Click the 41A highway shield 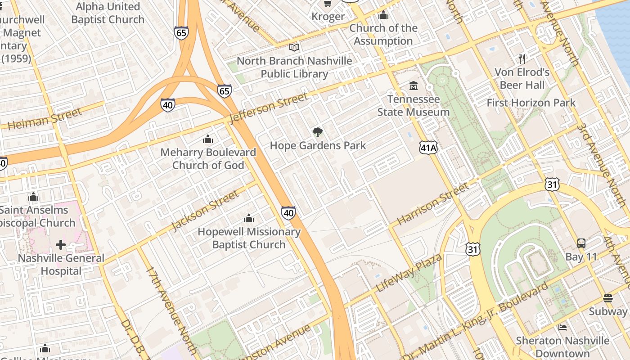click(x=428, y=148)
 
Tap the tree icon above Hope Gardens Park click(x=318, y=132)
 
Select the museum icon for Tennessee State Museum click(x=413, y=85)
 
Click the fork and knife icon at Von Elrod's click(x=522, y=58)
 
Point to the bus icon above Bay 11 click(x=581, y=243)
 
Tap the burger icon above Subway click(x=607, y=298)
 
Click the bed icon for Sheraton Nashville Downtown click(x=562, y=327)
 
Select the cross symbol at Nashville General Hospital click(x=61, y=245)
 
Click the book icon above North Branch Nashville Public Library click(x=294, y=47)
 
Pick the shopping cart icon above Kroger click(x=328, y=4)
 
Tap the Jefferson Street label click(x=269, y=108)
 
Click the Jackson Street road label click(x=205, y=210)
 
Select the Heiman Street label click(x=45, y=119)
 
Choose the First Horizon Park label click(x=531, y=103)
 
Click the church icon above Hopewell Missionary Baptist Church click(x=248, y=219)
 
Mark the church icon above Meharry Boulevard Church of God click(x=207, y=139)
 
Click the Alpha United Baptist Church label click(x=108, y=13)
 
